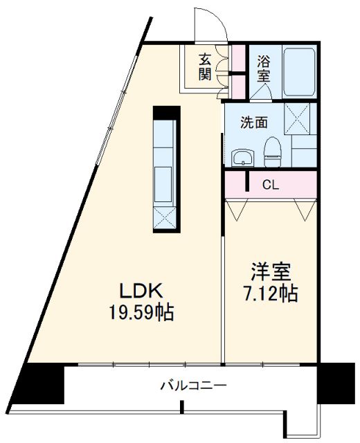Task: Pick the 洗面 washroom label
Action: [x=253, y=123]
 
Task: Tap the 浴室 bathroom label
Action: [x=264, y=67]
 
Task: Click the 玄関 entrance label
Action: [x=205, y=66]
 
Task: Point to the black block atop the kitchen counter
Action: [x=166, y=111]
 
